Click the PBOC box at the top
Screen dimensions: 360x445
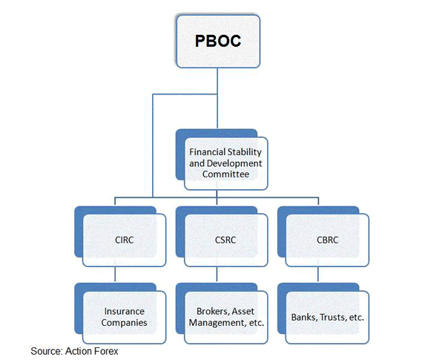tap(218, 41)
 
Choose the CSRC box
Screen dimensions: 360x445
tap(225, 240)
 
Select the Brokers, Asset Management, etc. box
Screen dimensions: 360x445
tap(225, 317)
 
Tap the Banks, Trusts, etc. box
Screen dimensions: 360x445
tap(328, 317)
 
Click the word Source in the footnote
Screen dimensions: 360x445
tap(45, 350)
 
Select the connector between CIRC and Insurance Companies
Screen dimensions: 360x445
tap(115, 275)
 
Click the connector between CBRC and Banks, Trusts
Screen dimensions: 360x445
tap(318, 275)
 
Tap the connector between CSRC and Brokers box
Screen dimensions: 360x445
tap(216, 275)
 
